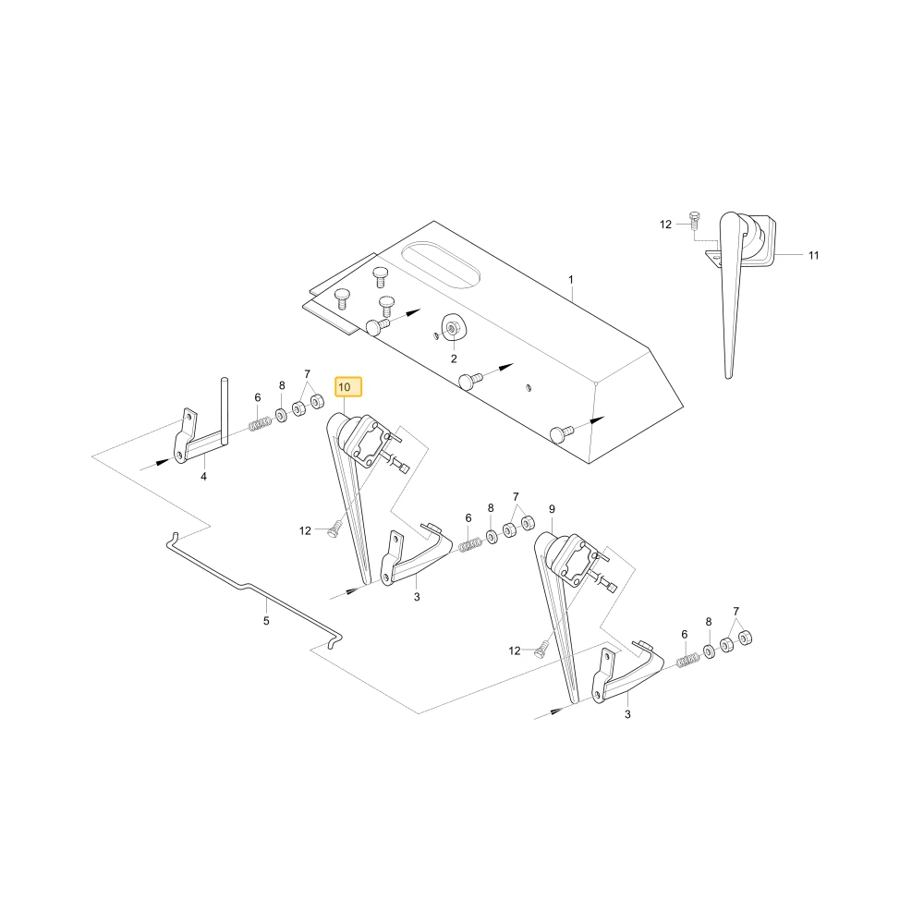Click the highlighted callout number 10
click(x=347, y=387)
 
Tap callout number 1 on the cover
click(x=570, y=279)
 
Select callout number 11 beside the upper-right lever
click(x=813, y=255)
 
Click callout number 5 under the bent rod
click(x=266, y=621)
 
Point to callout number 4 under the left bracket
click(x=203, y=476)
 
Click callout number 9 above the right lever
click(x=552, y=509)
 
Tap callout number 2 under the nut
click(x=454, y=359)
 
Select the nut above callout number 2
click(x=453, y=328)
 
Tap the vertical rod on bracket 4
click(x=225, y=410)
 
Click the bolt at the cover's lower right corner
click(x=562, y=433)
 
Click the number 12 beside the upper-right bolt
click(x=665, y=225)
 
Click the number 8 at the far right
click(x=709, y=622)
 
